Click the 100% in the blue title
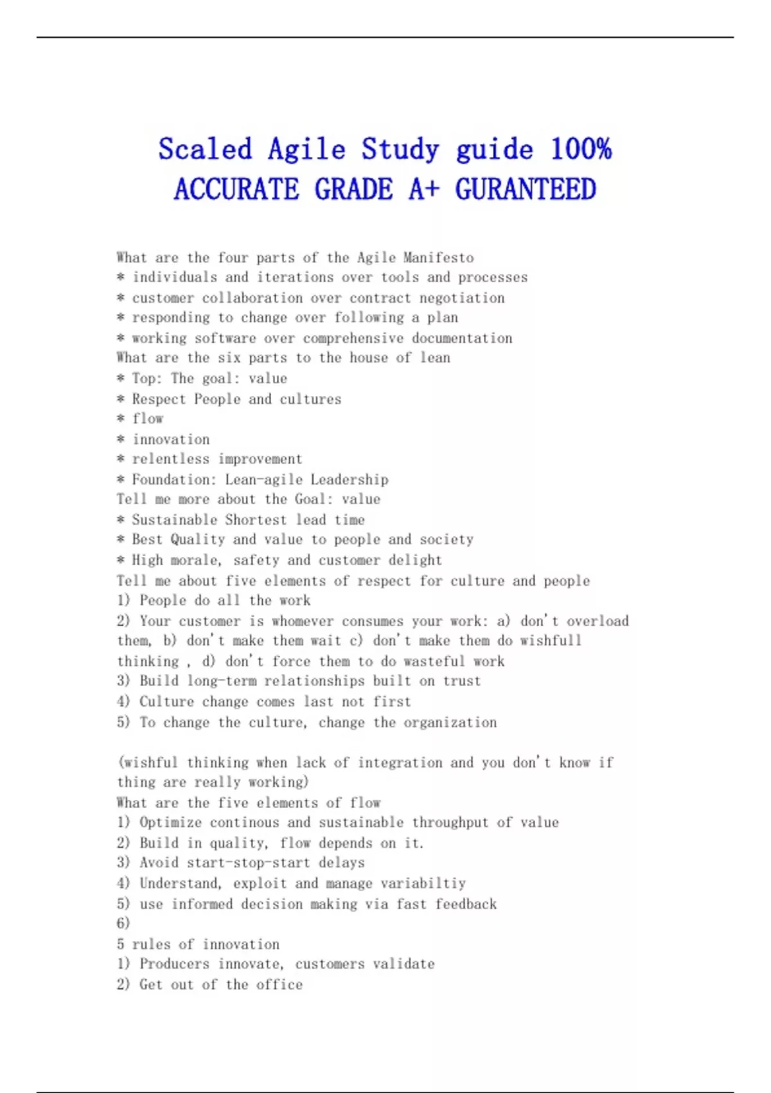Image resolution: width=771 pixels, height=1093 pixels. [581, 150]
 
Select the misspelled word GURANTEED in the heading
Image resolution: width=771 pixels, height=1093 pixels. [526, 190]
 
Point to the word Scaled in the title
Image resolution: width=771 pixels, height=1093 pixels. [205, 150]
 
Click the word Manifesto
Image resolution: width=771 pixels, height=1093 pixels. [439, 258]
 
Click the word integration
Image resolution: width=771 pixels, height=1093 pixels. [400, 763]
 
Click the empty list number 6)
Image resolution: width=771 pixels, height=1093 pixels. [123, 923]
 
